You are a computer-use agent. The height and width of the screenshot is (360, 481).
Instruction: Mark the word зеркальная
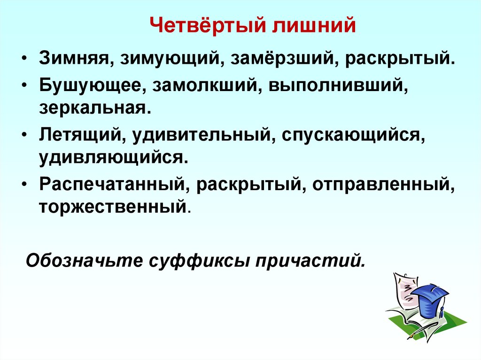pos(95,108)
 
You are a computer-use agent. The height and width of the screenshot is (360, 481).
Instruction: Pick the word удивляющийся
pos(114,157)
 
